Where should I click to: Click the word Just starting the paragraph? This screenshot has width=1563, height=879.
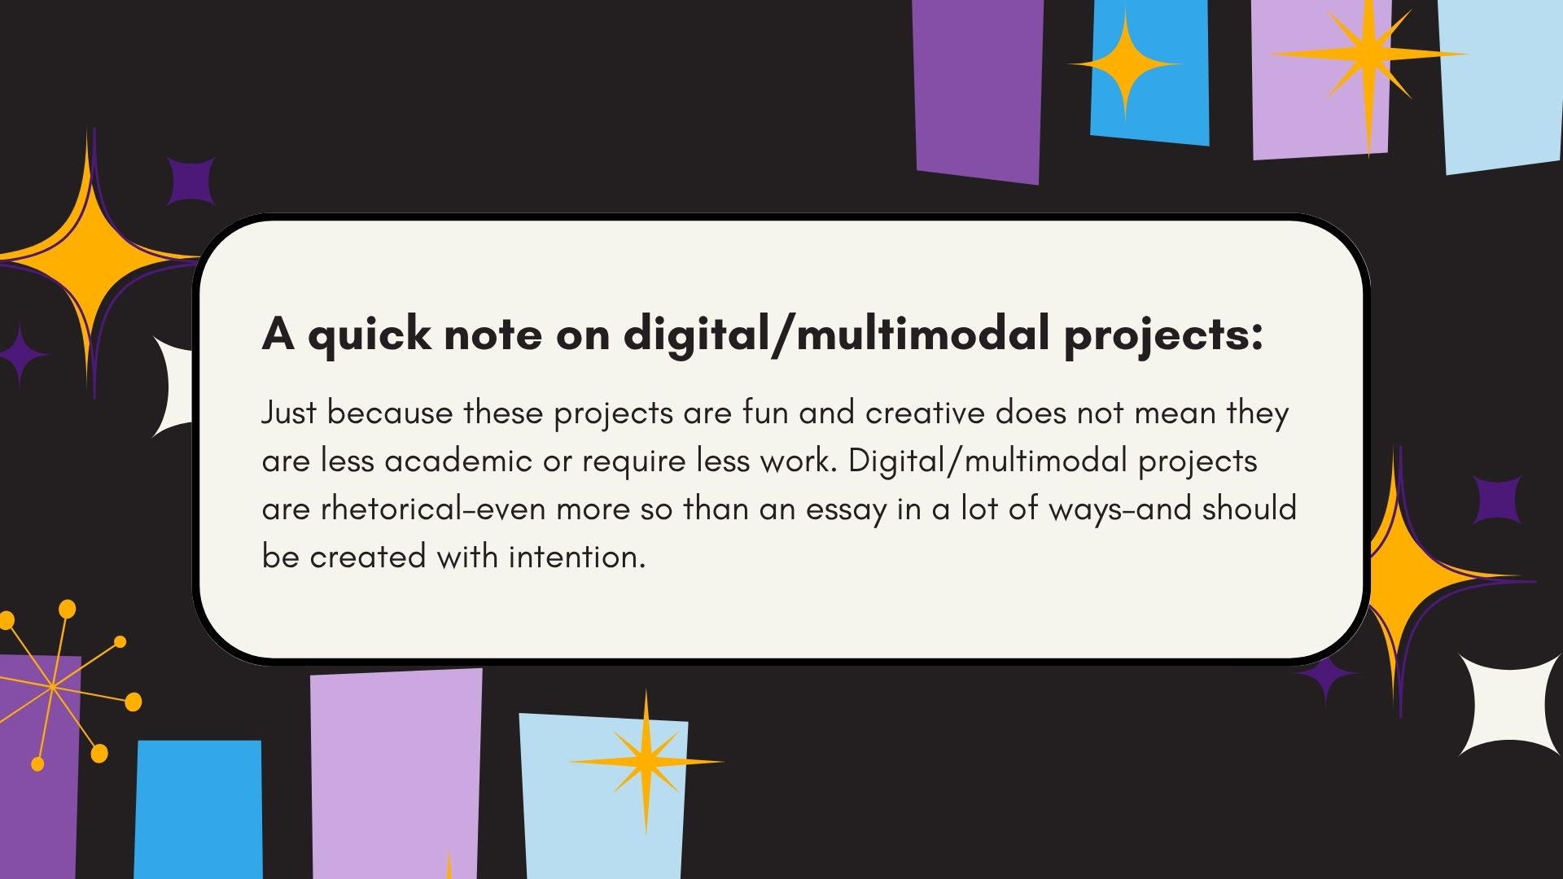pyautogui.click(x=288, y=413)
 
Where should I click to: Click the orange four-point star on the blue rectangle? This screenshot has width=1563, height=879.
pyautogui.click(x=1125, y=63)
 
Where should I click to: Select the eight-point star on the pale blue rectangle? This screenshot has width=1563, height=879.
pyautogui.click(x=646, y=762)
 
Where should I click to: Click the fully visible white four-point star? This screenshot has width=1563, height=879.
pyautogui.click(x=1508, y=705)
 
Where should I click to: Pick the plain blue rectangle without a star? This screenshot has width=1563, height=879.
pyautogui.click(x=199, y=810)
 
